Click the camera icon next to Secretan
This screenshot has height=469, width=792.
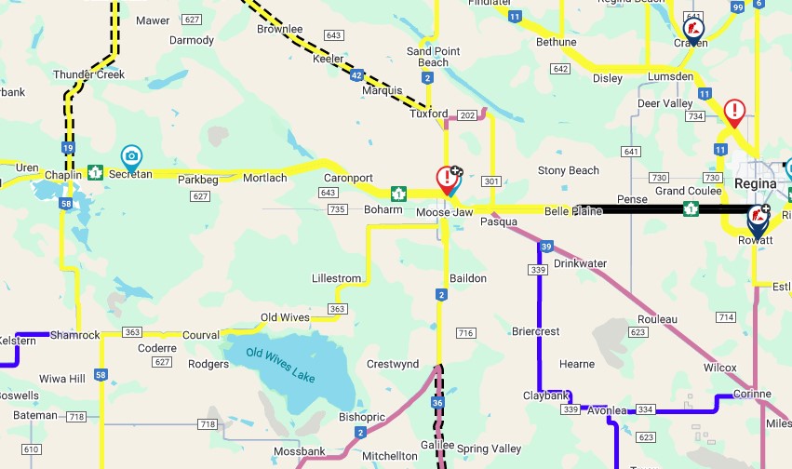pyautogui.click(x=131, y=155)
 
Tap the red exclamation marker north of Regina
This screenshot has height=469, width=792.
pyautogui.click(x=734, y=112)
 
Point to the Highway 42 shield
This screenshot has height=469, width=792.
pyautogui.click(x=356, y=75)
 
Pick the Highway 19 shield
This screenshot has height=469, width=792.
pyautogui.click(x=69, y=148)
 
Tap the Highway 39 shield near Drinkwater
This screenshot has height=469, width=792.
pyautogui.click(x=546, y=247)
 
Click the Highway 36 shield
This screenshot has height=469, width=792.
pyautogui.click(x=437, y=402)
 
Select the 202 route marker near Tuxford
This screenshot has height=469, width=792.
pyautogui.click(x=467, y=114)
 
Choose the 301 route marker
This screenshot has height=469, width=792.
pyautogui.click(x=492, y=181)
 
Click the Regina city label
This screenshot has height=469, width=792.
pyautogui.click(x=755, y=183)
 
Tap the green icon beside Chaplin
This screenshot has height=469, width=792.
pyautogui.click(x=95, y=172)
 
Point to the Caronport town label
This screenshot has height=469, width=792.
pyautogui.click(x=348, y=177)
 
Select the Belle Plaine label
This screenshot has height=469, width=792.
pyautogui.click(x=571, y=212)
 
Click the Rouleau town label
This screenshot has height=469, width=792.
pyautogui.click(x=658, y=319)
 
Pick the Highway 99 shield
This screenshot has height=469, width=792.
pyautogui.click(x=738, y=7)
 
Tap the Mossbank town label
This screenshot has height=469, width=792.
pyautogui.click(x=300, y=451)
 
